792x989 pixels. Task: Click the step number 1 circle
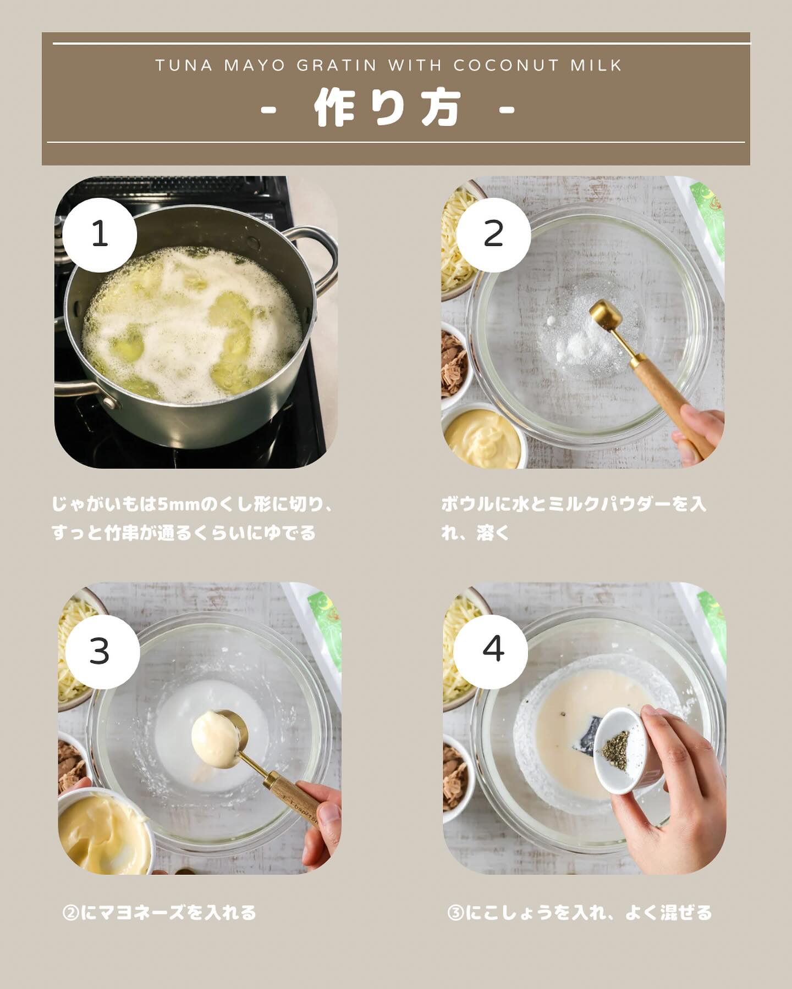click(100, 235)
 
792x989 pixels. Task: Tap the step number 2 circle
click(493, 235)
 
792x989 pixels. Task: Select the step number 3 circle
click(102, 652)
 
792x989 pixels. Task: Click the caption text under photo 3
click(159, 913)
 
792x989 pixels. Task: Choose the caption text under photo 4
click(580, 913)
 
